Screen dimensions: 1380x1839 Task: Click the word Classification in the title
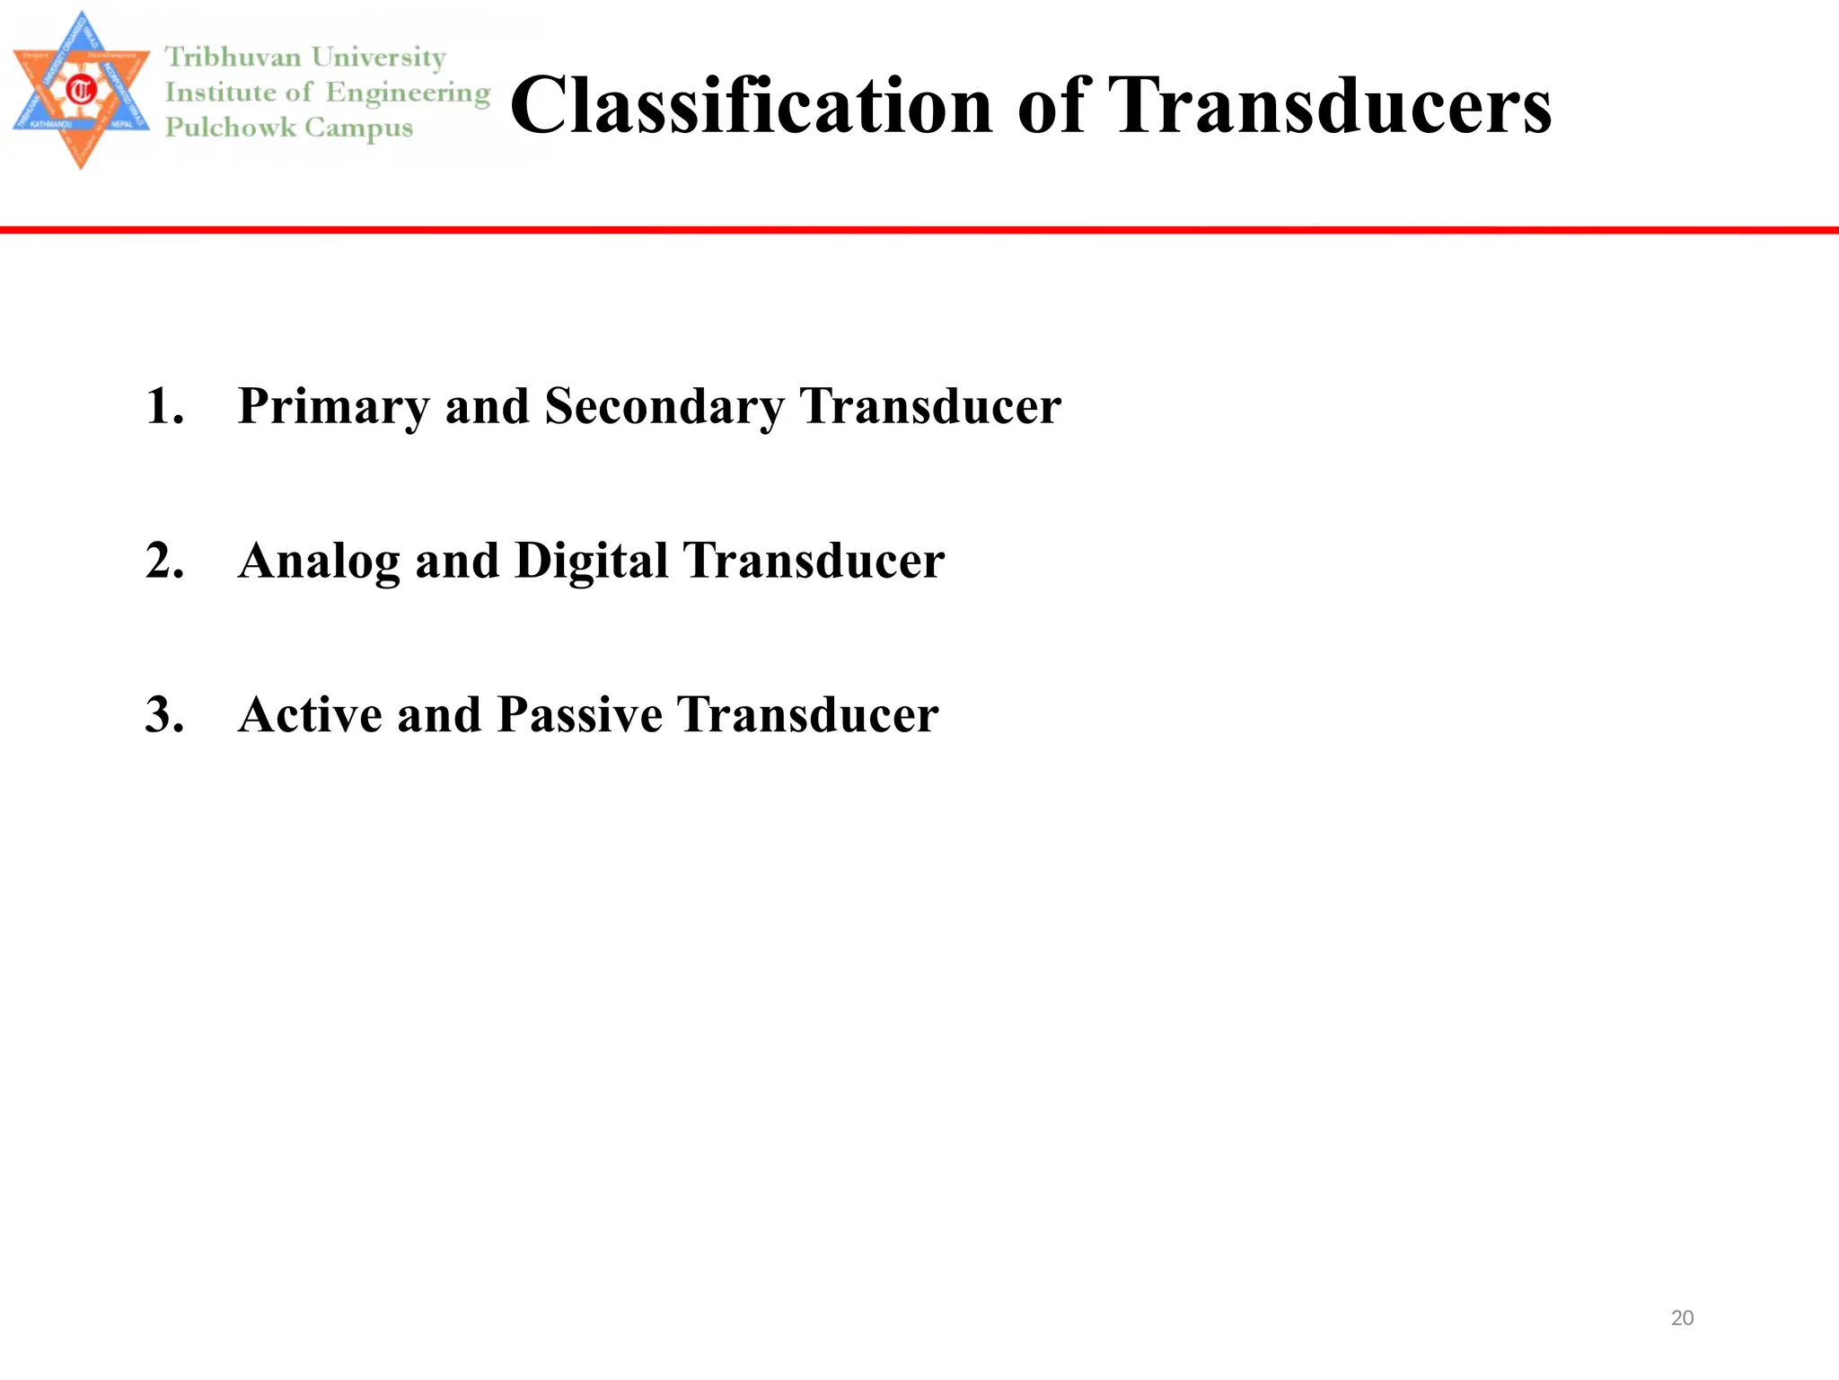[751, 106]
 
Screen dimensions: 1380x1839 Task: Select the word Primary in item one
[333, 407]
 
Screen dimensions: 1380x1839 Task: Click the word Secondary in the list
[664, 407]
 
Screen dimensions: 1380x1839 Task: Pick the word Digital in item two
[591, 562]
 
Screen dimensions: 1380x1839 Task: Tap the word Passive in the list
[579, 715]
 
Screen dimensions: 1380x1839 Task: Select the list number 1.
[163, 407]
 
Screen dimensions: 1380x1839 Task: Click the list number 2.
[164, 562]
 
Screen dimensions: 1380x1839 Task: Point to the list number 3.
[164, 715]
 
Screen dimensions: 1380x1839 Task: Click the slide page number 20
[1682, 1318]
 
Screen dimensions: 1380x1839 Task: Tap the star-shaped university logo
[81, 90]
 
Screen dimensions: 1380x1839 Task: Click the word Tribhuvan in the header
[233, 57]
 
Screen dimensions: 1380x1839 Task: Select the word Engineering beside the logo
[408, 93]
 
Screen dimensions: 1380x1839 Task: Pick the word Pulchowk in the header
[231, 128]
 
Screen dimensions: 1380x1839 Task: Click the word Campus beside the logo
[358, 128]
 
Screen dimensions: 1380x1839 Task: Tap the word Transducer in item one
[929, 407]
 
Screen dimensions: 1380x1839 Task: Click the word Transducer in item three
[807, 715]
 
